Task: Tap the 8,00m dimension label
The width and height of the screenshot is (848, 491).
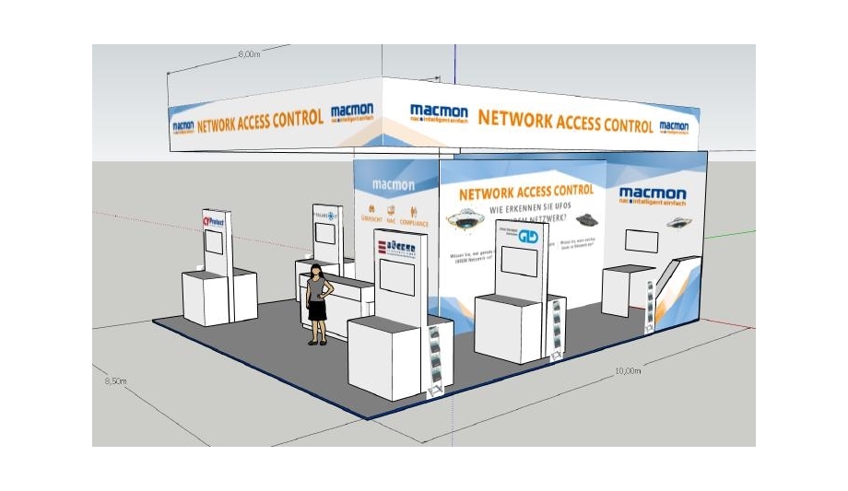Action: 249,54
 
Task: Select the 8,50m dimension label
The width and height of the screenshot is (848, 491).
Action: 115,380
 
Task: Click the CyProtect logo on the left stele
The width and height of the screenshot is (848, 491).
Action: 213,221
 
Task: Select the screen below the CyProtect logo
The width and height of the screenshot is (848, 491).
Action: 214,243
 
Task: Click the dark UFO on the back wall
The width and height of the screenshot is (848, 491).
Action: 583,220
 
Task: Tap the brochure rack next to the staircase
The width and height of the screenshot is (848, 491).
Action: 653,304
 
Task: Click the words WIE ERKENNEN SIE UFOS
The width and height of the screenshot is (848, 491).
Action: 526,209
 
